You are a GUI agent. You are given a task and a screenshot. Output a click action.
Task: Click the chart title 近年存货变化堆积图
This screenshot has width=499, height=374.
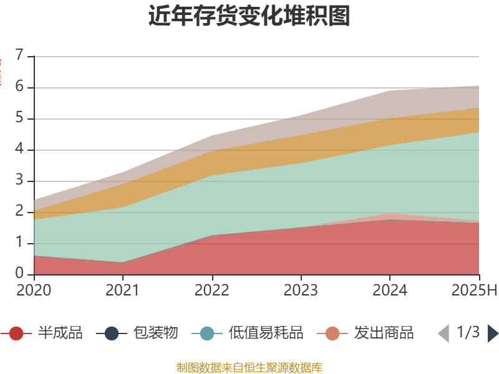pos(249,16)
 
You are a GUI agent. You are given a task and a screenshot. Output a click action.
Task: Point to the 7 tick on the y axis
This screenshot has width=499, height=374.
pos(20,56)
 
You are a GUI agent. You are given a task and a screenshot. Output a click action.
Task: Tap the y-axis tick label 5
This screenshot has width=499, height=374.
pos(20,118)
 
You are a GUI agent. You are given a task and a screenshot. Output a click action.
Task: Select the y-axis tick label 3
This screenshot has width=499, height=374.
pos(20,181)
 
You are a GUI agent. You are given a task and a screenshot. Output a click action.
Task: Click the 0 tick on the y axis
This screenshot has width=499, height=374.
pos(20,274)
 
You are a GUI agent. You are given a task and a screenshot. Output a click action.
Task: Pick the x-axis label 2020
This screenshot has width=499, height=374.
pos(34,290)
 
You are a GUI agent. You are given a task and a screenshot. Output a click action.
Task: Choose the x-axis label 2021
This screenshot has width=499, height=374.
pos(123,290)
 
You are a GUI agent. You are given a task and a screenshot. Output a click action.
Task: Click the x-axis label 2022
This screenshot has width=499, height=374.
pos(212,290)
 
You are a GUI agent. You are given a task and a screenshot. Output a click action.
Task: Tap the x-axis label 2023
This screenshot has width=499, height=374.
pos(301,290)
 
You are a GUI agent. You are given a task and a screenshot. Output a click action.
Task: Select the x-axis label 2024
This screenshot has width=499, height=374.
pos(390,290)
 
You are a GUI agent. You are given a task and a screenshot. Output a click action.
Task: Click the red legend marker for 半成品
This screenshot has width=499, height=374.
pos(16,333)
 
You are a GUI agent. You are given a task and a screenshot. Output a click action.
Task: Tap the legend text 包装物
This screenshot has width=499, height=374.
pos(155,333)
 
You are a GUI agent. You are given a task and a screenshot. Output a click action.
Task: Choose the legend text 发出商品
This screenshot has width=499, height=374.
pos(384,333)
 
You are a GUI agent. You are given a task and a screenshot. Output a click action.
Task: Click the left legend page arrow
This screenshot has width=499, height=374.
pos(443,333)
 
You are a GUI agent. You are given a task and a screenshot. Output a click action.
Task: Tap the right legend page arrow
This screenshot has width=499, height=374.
pos(493,333)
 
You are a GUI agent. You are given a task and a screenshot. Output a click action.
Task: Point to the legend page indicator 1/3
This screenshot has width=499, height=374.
pos(468,332)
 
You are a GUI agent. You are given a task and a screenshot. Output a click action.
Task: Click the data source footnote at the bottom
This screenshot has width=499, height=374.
pos(249,367)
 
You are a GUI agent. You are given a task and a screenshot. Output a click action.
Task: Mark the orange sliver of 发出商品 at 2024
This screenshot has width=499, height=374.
pos(390,216)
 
